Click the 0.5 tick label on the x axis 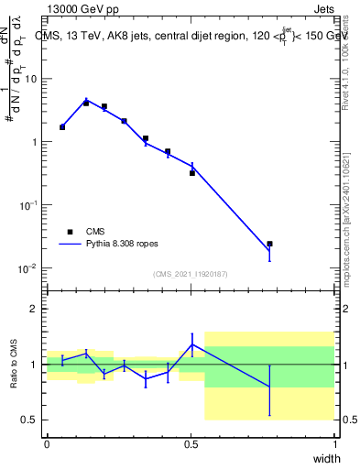click(191, 443)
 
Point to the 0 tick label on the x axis click(47, 443)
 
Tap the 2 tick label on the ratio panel click(35, 310)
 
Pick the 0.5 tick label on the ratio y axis click(30, 420)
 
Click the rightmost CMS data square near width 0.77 click(269, 244)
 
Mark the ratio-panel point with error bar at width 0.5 click(191, 344)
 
